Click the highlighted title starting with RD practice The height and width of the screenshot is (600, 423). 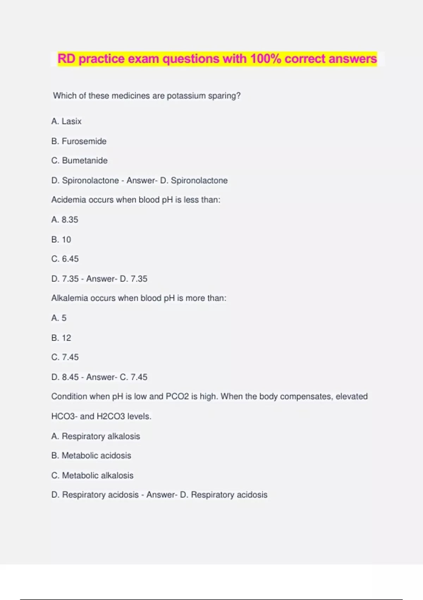click(x=217, y=59)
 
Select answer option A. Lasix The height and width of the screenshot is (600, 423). click(x=66, y=121)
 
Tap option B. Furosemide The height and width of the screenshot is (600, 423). click(x=79, y=141)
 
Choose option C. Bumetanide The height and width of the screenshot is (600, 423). click(x=79, y=161)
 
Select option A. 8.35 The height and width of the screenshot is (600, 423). click(x=65, y=220)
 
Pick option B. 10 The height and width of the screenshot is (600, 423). click(x=61, y=240)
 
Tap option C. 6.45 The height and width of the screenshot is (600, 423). click(x=65, y=259)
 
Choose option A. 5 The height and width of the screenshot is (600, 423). click(x=59, y=318)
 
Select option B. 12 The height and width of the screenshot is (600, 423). click(x=61, y=338)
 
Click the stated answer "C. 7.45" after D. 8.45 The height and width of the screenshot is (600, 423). click(x=134, y=377)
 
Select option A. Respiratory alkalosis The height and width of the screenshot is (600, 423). click(x=96, y=436)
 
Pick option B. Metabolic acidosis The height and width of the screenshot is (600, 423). click(x=91, y=456)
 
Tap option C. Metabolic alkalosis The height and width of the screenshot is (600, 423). click(x=92, y=475)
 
